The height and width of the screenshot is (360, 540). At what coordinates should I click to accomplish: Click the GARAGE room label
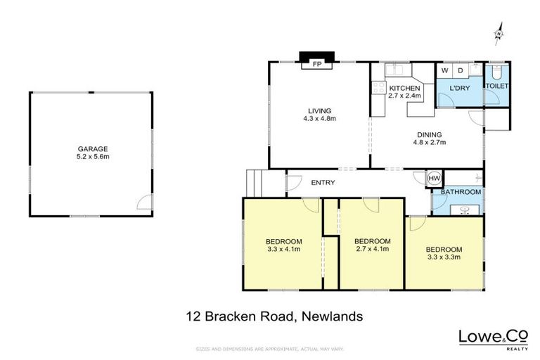click(x=93, y=148)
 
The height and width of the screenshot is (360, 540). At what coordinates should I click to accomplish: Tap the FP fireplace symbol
click(x=317, y=64)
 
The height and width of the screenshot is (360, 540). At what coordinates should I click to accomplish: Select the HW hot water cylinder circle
click(x=435, y=179)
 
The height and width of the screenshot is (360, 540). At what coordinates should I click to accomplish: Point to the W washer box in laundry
click(x=444, y=70)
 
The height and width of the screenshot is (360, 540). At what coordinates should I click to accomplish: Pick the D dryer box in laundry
click(x=461, y=70)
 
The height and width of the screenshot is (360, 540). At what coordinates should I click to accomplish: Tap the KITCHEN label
click(x=404, y=88)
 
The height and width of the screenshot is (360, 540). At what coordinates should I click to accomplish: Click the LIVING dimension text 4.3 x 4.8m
click(x=319, y=119)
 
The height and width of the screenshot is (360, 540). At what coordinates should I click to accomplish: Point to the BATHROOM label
click(x=461, y=192)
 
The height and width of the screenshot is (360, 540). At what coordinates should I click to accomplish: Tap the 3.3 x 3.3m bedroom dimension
click(x=444, y=257)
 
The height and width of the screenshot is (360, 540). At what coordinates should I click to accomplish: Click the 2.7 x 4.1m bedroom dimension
click(x=373, y=248)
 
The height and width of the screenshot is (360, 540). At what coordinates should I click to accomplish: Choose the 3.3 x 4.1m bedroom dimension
click(x=284, y=248)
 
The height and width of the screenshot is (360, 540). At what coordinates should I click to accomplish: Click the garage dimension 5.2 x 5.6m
click(x=93, y=156)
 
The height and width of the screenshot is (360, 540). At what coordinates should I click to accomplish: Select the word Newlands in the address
click(x=331, y=316)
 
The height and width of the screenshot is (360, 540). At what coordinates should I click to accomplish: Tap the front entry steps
click(x=254, y=184)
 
